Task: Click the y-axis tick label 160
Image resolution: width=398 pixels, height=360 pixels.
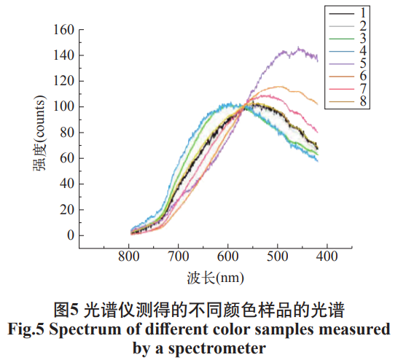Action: [64, 30]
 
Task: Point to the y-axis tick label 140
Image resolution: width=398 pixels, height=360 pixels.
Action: [64, 55]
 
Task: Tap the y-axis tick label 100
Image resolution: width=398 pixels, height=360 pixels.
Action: [64, 107]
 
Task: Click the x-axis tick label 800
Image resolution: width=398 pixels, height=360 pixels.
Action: [129, 257]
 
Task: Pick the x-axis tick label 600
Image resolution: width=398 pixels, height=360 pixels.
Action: [228, 257]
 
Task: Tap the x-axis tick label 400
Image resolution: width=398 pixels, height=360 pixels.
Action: [327, 257]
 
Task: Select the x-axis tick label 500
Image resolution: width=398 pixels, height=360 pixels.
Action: [277, 257]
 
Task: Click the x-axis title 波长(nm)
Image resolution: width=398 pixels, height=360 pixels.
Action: [215, 278]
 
